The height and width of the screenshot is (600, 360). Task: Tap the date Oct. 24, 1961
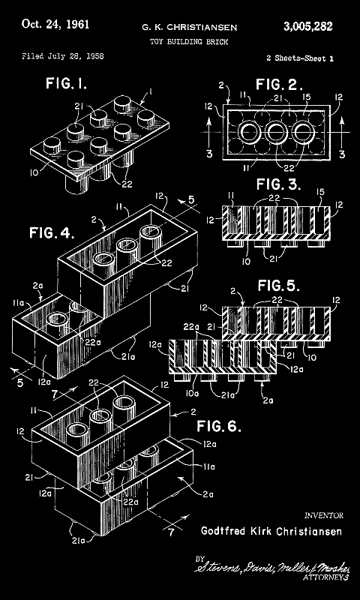coord(56,24)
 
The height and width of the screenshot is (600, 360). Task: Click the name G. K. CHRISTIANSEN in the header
coord(190,28)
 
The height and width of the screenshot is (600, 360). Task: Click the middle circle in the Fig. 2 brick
coord(275,133)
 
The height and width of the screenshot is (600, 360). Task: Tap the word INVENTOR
coord(323,516)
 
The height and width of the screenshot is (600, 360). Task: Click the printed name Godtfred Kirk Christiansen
coord(271,531)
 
